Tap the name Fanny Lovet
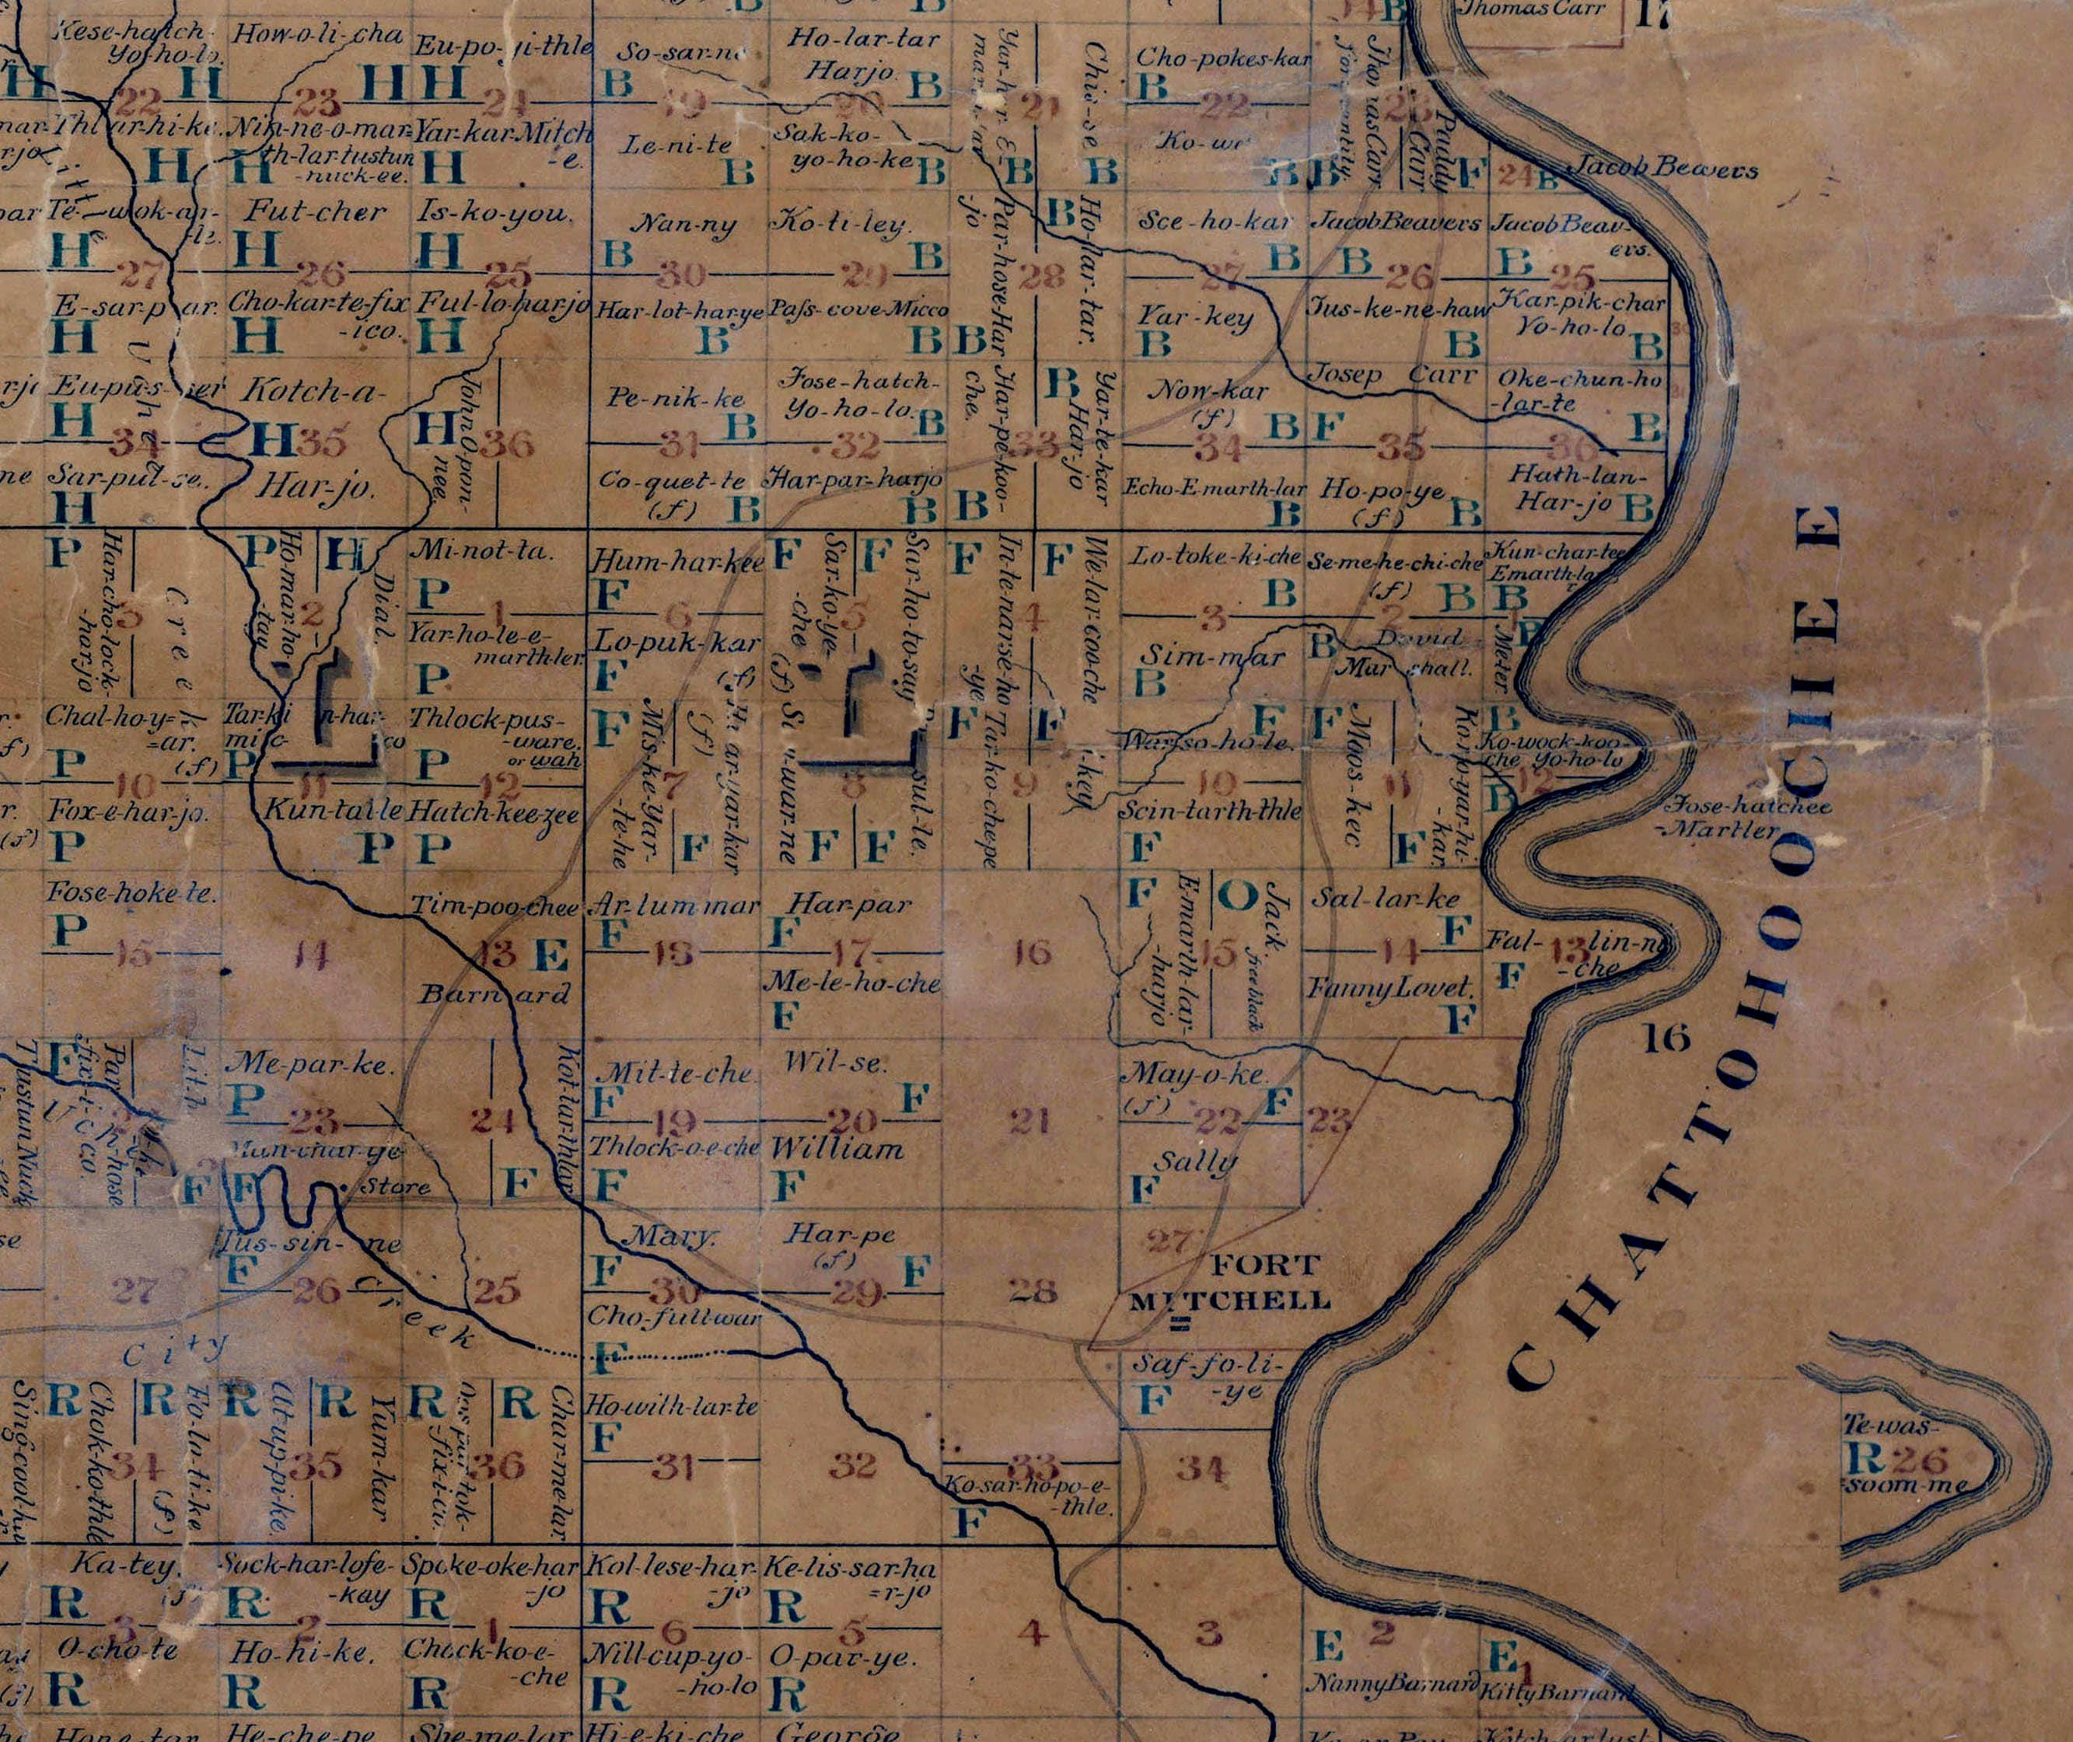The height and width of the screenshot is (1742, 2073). [x=1392, y=987]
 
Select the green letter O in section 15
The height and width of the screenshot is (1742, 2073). [x=1236, y=895]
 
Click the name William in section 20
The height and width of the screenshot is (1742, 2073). [x=837, y=1148]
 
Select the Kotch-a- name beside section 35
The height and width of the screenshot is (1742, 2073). [x=314, y=391]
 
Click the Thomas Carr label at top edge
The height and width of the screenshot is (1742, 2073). [x=1532, y=10]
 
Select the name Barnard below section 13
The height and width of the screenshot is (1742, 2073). [x=494, y=993]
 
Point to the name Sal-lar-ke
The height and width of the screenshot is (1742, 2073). [x=1385, y=899]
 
